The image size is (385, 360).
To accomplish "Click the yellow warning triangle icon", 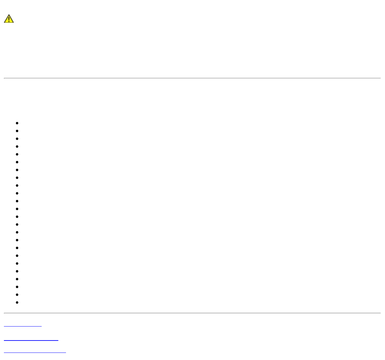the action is [9, 19].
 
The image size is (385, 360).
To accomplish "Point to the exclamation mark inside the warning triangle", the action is [9, 19].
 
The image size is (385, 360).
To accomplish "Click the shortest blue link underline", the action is [23, 326].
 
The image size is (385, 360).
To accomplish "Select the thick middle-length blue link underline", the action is [31, 340].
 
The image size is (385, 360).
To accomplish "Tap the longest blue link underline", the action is [35, 352].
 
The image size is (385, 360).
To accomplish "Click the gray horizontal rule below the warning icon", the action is [192, 78].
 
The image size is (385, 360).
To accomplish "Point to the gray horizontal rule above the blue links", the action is [192, 313].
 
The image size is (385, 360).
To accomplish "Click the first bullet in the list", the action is [17, 123].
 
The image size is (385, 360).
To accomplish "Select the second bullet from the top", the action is [17, 131].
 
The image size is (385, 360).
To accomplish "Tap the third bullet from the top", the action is [17, 139].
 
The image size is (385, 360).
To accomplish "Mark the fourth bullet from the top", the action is [17, 147].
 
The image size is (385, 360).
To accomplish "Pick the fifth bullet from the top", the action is [17, 154].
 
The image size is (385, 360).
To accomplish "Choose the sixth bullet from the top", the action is [17, 162].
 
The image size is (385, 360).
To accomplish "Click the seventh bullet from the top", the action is [17, 170].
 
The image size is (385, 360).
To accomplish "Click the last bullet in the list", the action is [17, 302].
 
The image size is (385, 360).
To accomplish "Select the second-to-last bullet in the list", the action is [17, 295].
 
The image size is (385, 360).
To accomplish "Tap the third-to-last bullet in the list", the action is [17, 287].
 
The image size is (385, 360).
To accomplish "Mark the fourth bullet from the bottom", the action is [17, 279].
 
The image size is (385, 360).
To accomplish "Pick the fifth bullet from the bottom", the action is [17, 271].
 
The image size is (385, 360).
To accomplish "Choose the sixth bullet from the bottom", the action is [17, 264].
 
